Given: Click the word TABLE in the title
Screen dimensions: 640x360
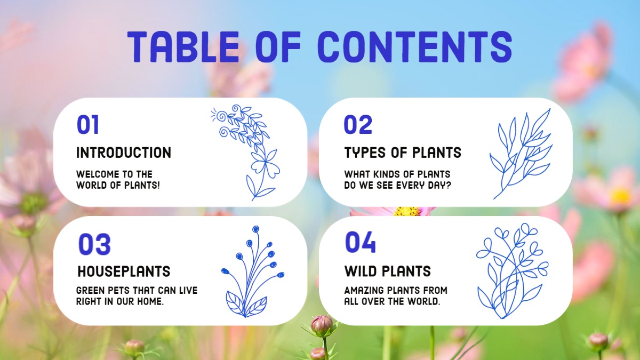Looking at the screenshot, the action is tap(183, 47).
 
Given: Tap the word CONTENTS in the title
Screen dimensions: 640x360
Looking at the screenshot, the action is tap(415, 47).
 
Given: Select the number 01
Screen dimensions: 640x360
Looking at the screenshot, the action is tap(88, 125).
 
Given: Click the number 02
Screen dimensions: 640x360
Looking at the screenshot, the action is tap(358, 125).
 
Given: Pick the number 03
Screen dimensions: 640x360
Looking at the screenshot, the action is tap(94, 244).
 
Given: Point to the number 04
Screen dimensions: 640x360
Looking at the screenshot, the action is tap(361, 242).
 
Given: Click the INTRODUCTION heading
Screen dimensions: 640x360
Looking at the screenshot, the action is tap(124, 153).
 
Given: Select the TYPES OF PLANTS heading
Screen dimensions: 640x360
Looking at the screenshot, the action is tap(403, 153).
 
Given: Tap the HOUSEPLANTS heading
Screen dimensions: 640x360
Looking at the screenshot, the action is tap(124, 271).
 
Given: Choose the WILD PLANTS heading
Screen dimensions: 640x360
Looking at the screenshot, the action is tap(388, 271).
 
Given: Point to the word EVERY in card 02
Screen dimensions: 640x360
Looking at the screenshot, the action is tap(411, 186).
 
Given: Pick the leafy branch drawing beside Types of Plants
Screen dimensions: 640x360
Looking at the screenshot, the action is tap(521, 154).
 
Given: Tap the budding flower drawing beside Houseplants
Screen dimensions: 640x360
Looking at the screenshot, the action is tap(253, 271).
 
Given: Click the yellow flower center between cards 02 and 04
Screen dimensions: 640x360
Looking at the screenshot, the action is tap(406, 212).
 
